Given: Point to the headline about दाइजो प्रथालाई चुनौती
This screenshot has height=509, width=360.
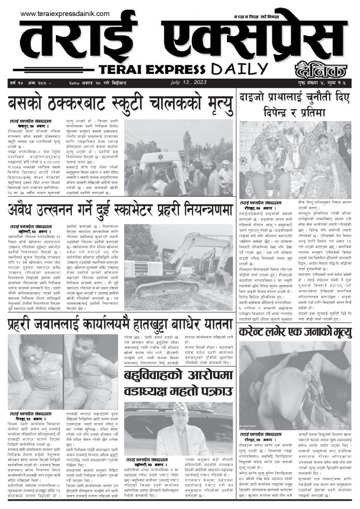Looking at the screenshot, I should [x=294, y=102].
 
